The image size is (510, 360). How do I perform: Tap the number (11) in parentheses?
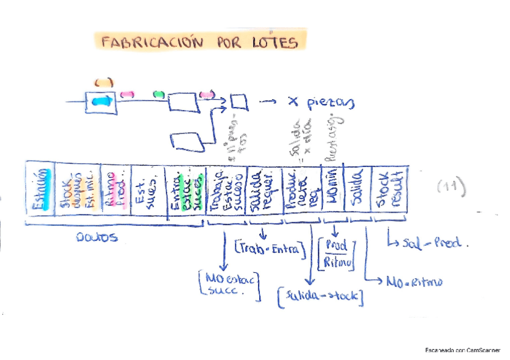(x=451, y=188)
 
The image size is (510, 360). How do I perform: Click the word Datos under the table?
(x=97, y=237)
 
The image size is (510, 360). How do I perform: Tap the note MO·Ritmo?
(x=414, y=281)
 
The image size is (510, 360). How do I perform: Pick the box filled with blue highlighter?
(x=98, y=101)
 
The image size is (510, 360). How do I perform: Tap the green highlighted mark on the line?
(x=159, y=94)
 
